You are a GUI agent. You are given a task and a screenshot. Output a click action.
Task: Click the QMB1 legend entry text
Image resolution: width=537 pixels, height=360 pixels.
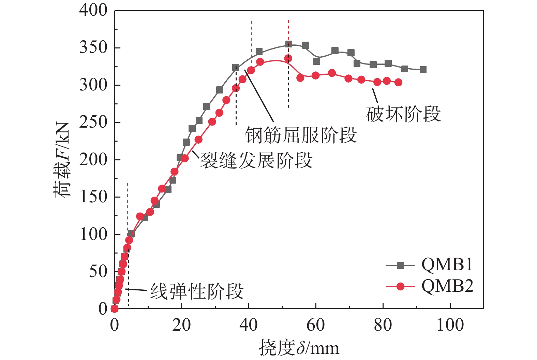[447, 265]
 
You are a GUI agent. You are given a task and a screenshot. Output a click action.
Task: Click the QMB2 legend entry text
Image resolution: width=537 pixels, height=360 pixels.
[447, 286]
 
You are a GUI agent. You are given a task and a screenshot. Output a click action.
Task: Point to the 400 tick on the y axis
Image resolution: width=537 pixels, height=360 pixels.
[93, 11]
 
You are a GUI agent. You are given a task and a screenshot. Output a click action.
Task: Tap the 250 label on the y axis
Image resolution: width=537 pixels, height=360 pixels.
[93, 122]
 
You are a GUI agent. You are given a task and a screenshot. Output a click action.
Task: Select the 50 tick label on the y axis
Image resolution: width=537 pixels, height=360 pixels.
[98, 272]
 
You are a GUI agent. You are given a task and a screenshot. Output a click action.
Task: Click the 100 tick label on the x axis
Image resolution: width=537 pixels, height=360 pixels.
[450, 325]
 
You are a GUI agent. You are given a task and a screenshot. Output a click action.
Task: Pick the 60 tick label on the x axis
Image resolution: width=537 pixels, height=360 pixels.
[316, 325]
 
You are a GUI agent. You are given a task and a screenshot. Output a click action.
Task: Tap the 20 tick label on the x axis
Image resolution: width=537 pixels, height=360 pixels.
[181, 325]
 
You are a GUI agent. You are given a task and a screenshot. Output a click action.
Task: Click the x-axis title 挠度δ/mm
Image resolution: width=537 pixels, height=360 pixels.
[299, 348]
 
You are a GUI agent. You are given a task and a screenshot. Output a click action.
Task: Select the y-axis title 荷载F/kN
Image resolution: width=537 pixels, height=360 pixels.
[62, 159]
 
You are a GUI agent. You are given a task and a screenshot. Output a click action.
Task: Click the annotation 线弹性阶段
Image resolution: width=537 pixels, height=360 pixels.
[197, 292]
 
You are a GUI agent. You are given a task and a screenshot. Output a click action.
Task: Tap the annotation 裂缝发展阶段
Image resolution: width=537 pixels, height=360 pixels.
[256, 160]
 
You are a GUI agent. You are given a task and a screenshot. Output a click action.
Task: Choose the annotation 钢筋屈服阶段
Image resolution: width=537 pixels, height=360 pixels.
[301, 135]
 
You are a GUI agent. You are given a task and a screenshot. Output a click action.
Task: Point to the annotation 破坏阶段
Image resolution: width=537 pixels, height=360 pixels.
[403, 114]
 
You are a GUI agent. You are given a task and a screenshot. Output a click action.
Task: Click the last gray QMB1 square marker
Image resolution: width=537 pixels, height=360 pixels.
[423, 70]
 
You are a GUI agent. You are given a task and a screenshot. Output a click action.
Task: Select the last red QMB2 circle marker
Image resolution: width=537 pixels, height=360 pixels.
[398, 82]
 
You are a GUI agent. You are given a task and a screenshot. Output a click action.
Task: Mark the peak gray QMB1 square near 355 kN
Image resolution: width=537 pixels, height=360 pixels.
[289, 44]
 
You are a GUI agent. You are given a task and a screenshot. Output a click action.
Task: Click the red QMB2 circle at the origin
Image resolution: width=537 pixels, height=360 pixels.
[115, 309]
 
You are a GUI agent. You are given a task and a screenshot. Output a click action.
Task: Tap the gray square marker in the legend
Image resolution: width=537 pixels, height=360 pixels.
[401, 265]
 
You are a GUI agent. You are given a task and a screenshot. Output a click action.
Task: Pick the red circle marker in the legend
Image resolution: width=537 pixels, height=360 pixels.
[401, 287]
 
